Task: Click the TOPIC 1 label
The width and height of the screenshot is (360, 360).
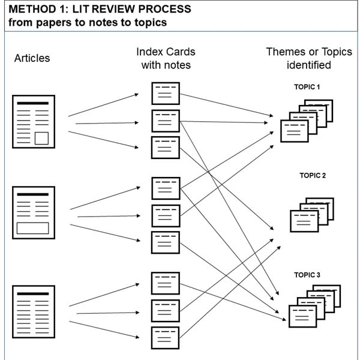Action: (307, 87)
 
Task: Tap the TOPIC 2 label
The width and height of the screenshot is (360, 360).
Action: (313, 175)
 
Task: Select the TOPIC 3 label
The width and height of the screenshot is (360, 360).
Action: (307, 275)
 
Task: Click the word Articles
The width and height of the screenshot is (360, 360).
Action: (32, 58)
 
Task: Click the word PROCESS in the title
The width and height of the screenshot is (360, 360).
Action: (164, 9)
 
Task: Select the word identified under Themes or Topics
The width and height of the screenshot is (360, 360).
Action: (309, 65)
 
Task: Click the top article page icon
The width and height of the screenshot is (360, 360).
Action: (34, 122)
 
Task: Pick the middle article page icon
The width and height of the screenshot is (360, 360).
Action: (34, 212)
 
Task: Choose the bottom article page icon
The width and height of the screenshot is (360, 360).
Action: (34, 312)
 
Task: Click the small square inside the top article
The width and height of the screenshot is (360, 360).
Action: (41, 138)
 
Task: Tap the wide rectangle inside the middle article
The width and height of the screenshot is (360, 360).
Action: (32, 228)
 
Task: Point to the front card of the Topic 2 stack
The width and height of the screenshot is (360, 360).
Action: (304, 221)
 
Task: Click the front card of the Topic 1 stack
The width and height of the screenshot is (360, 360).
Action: (295, 131)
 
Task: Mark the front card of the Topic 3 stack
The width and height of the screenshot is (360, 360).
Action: (302, 316)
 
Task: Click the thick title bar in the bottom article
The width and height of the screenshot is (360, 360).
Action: (33, 293)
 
